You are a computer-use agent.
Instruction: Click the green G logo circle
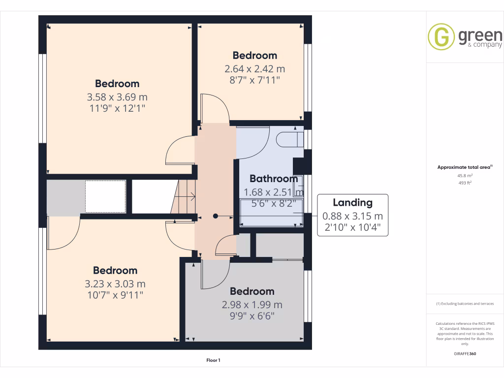pos(441,37)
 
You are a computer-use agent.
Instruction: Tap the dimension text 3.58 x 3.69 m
pos(117,96)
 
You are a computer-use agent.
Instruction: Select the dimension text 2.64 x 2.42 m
pos(255,68)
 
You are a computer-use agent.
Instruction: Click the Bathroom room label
pos(273,179)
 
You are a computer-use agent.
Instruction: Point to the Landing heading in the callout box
pos(352,202)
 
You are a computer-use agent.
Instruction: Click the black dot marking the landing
pos(216,216)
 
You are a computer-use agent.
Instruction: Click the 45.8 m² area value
pos(465,175)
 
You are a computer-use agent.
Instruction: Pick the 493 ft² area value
pos(465,183)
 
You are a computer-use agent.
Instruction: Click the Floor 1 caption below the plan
pos(213,360)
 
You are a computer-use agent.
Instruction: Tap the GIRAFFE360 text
pos(465,353)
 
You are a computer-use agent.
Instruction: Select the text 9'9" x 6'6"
pos(252,315)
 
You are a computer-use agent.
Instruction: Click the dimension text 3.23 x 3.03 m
pos(115,284)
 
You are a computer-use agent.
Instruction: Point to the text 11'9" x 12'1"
pos(117,107)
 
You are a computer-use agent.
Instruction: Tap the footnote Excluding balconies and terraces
pos(465,304)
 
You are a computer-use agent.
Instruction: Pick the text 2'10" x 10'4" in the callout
pos(352,228)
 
